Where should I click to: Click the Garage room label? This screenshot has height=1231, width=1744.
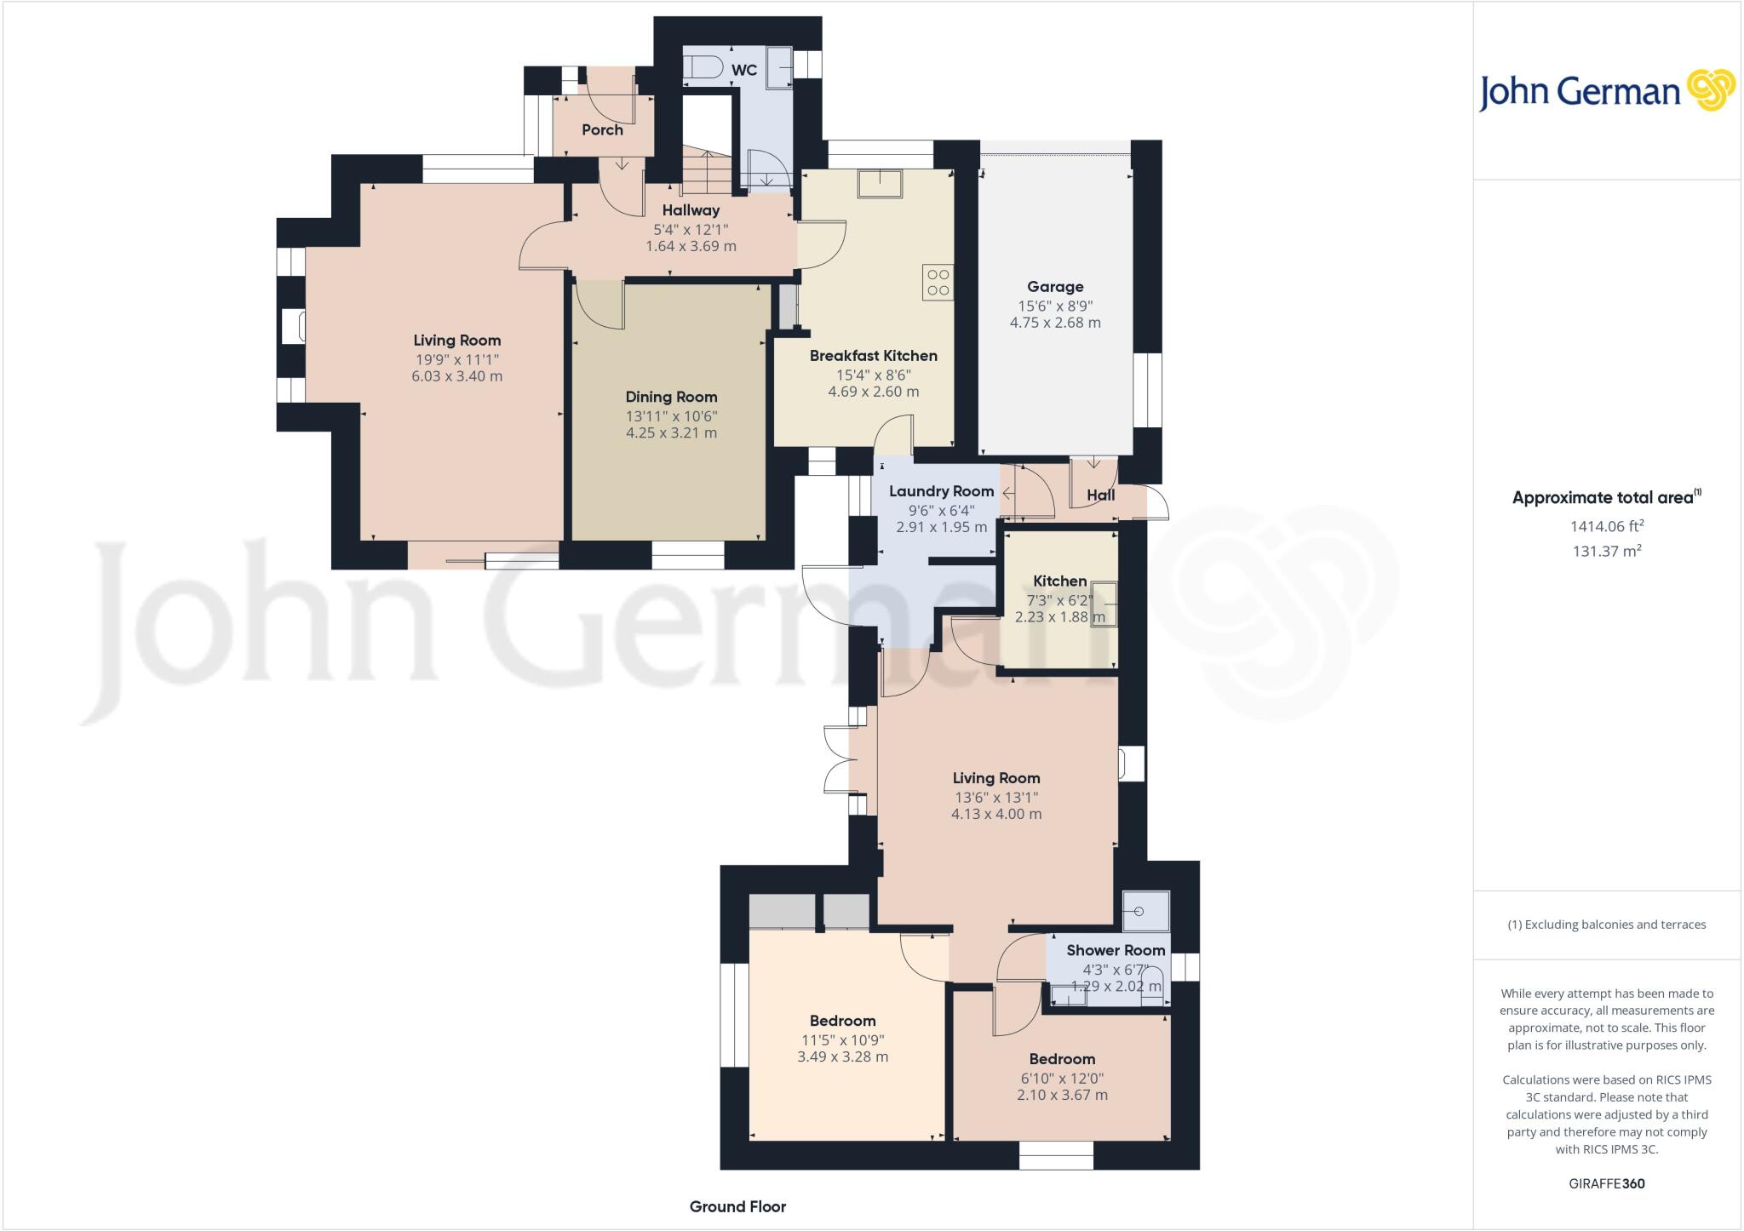click(x=1055, y=287)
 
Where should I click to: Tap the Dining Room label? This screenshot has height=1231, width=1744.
click(x=671, y=397)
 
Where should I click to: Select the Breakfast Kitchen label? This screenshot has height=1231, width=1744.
click(x=873, y=356)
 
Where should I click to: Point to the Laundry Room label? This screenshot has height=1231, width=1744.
click(x=941, y=491)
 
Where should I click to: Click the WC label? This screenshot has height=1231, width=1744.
click(x=744, y=70)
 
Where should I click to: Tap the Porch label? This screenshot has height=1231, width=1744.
click(x=602, y=130)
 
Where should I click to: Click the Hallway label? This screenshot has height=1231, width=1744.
click(x=691, y=210)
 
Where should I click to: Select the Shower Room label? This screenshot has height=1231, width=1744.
click(x=1115, y=950)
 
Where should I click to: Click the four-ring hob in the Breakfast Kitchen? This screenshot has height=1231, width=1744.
click(x=938, y=283)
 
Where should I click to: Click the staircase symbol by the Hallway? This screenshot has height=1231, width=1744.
click(x=706, y=170)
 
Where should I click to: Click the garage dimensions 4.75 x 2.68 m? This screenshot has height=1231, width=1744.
click(x=1055, y=323)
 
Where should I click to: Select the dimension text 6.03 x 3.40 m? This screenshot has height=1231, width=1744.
click(x=456, y=376)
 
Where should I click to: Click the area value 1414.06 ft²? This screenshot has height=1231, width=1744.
click(x=1606, y=527)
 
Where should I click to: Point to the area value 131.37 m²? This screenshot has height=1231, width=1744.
click(x=1606, y=552)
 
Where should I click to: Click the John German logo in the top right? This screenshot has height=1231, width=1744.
click(x=1606, y=91)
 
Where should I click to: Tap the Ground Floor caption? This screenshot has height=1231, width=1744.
click(x=737, y=1206)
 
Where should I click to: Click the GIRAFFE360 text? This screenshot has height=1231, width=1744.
click(x=1606, y=1183)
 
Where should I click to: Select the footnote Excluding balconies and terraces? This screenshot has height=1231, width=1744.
click(x=1606, y=925)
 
